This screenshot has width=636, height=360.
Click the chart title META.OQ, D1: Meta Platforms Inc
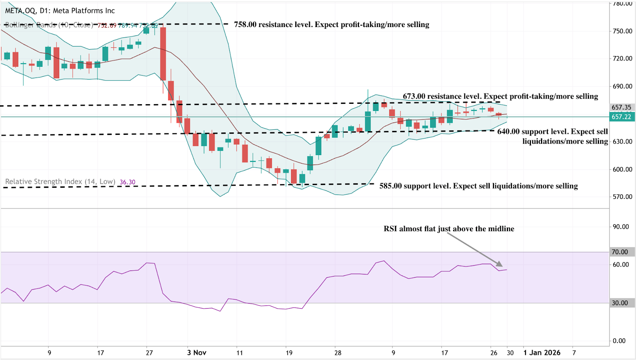60,11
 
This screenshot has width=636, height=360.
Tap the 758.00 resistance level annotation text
332,25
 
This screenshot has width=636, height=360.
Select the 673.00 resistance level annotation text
500,96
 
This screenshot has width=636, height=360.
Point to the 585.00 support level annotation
478,186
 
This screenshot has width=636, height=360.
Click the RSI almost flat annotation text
449,229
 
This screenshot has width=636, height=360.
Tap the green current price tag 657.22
621,117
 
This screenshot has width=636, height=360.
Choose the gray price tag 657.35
621,107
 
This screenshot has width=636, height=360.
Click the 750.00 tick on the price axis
622,31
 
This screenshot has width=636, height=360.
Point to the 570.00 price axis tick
622,197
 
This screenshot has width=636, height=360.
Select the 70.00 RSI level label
620,252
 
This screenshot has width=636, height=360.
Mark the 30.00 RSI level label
620,303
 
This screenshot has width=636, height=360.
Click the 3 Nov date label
197,352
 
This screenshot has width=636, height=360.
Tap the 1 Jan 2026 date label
542,352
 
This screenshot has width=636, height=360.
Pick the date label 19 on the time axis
289,352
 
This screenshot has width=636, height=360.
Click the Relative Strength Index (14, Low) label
60,182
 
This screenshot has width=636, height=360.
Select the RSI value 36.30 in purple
128,182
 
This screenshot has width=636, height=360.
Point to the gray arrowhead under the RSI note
500,264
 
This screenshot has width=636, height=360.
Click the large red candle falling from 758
163,54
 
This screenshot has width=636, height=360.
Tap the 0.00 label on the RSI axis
619,341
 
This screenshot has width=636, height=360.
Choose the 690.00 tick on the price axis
622,86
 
